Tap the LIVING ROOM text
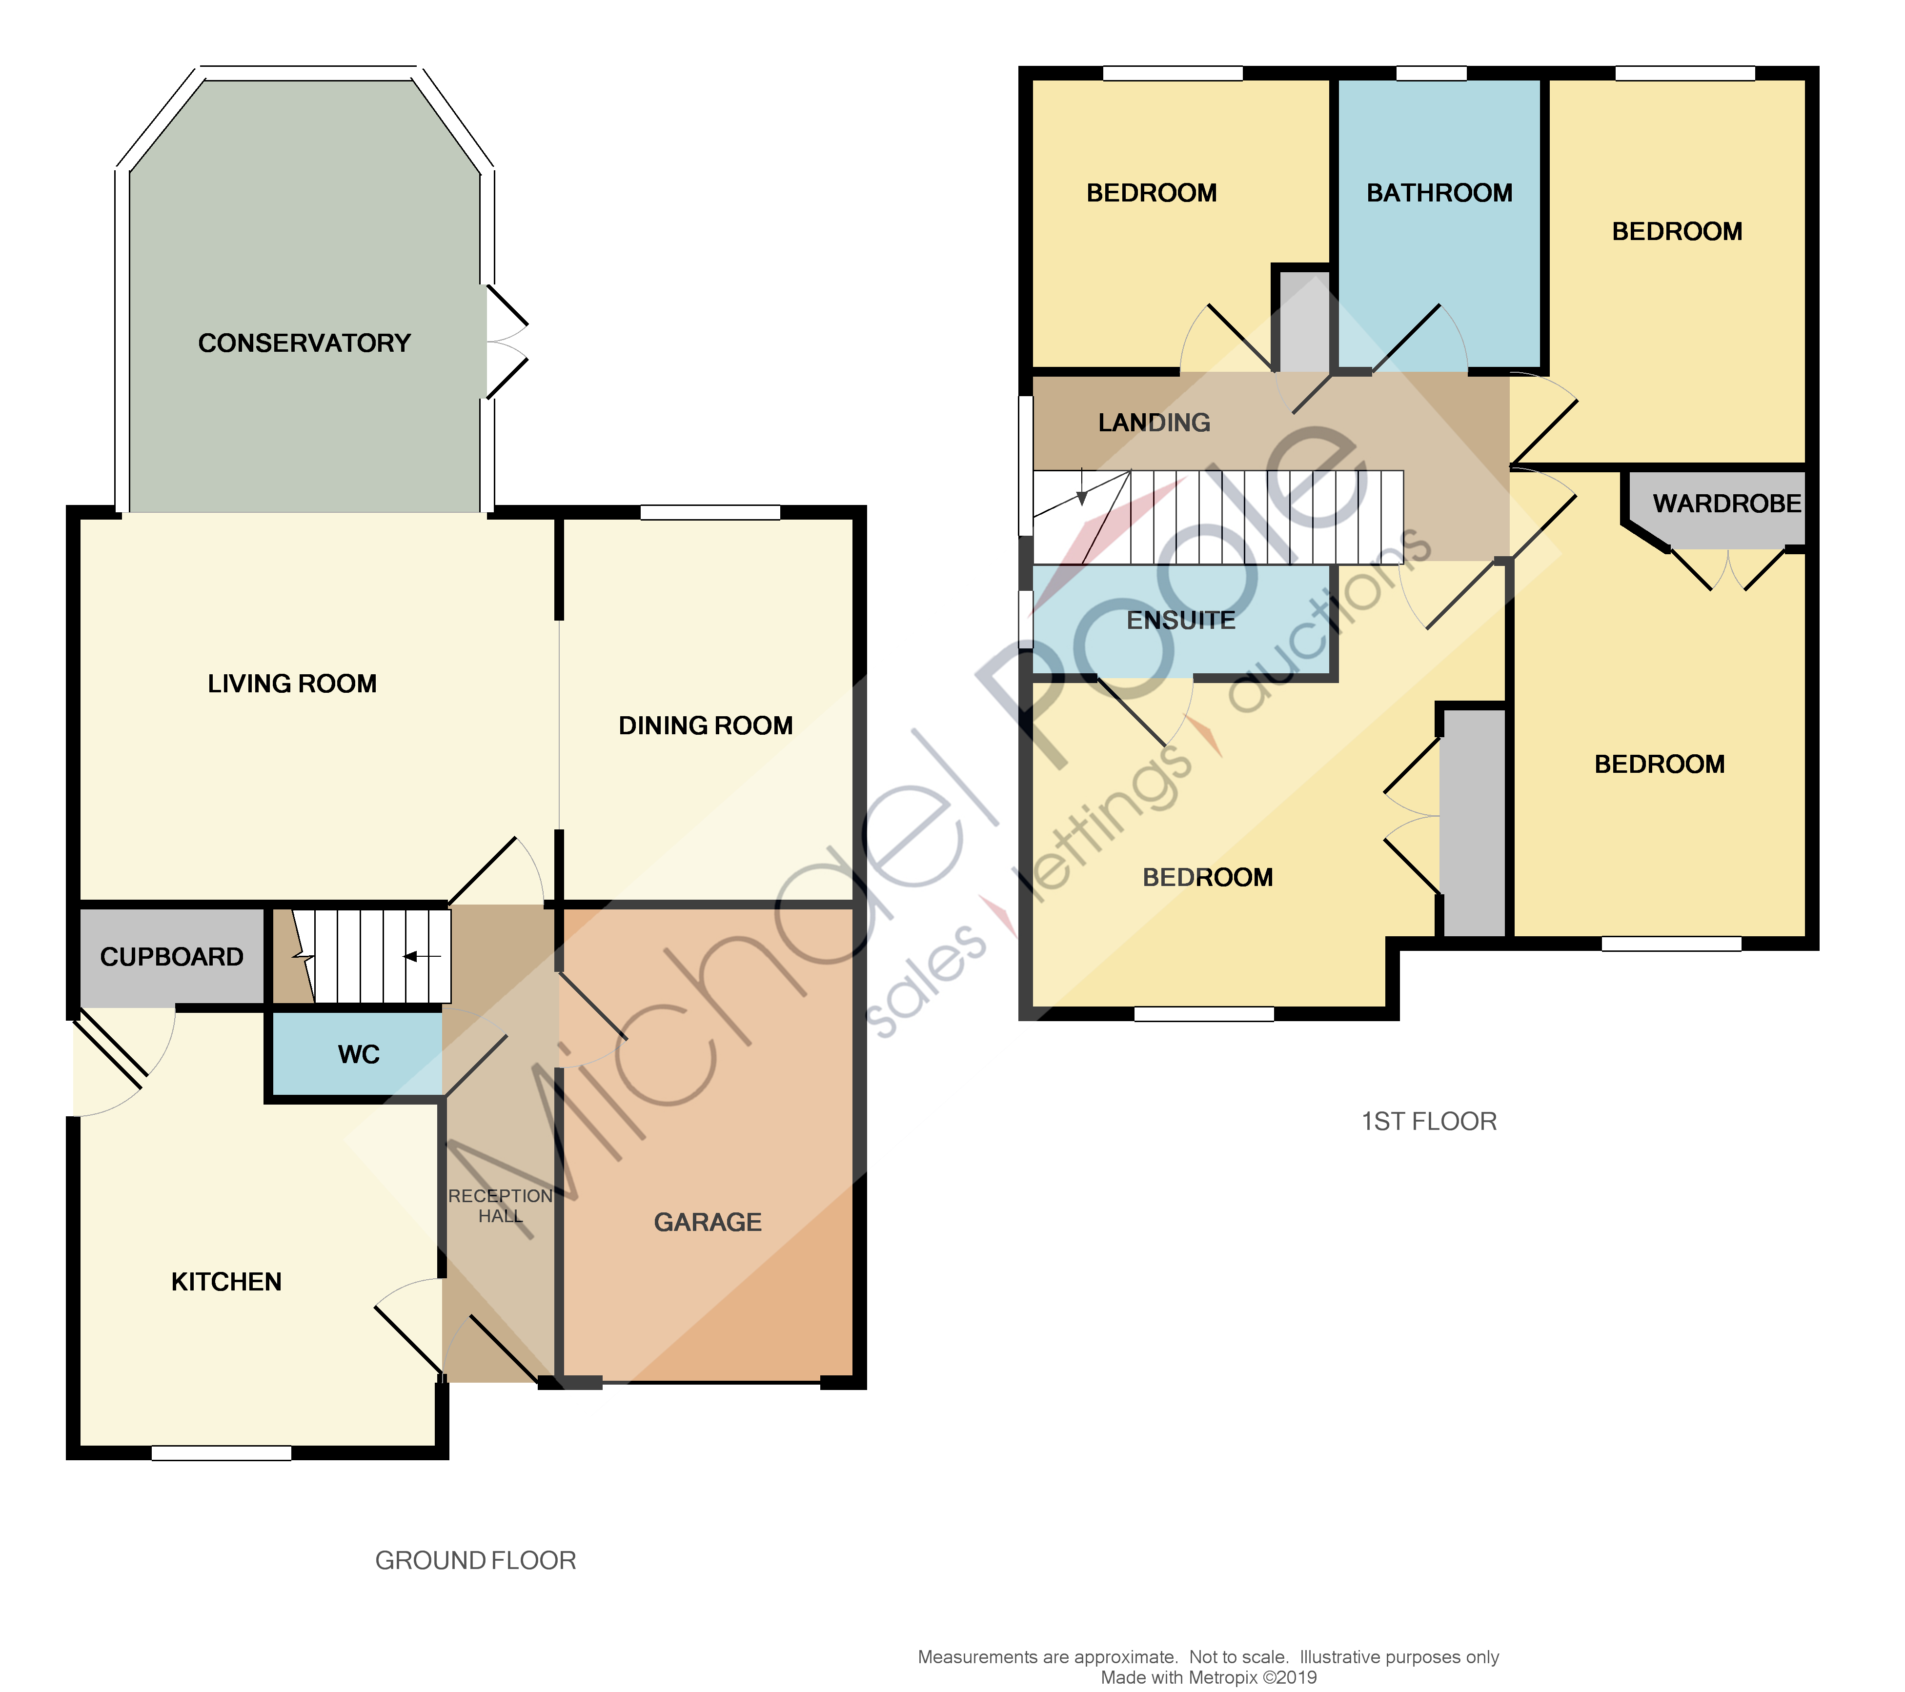click(x=292, y=684)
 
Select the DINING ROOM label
click(x=706, y=726)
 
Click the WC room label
click(x=359, y=1055)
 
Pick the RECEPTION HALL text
click(x=501, y=1206)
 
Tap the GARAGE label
click(x=708, y=1223)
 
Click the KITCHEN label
click(x=226, y=1282)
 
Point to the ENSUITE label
click(x=1181, y=621)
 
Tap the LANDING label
click(x=1154, y=423)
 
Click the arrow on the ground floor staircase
click(x=421, y=956)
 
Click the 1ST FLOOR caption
click(x=1429, y=1122)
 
